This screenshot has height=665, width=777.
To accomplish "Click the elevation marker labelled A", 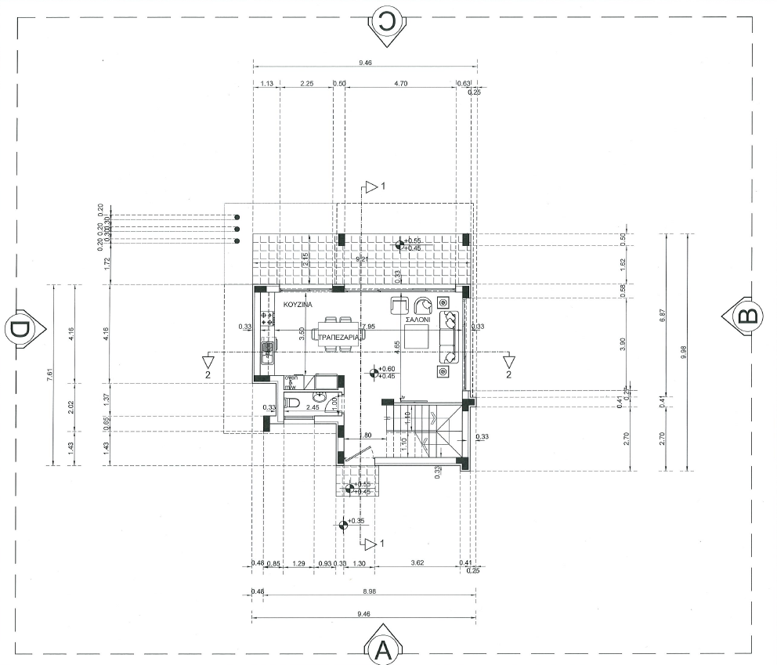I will click(x=383, y=648).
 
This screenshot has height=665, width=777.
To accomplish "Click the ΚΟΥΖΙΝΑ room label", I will click(x=298, y=302).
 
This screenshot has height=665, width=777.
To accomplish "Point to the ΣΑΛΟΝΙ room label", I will click(x=417, y=320).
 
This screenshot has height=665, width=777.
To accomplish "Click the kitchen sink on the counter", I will click(x=268, y=349).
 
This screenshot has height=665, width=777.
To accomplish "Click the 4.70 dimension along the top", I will click(x=401, y=82).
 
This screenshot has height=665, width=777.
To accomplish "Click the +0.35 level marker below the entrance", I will click(x=342, y=525).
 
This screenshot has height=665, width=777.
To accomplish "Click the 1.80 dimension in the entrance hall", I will click(x=364, y=436).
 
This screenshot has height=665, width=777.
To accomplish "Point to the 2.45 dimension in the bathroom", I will click(x=312, y=407).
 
